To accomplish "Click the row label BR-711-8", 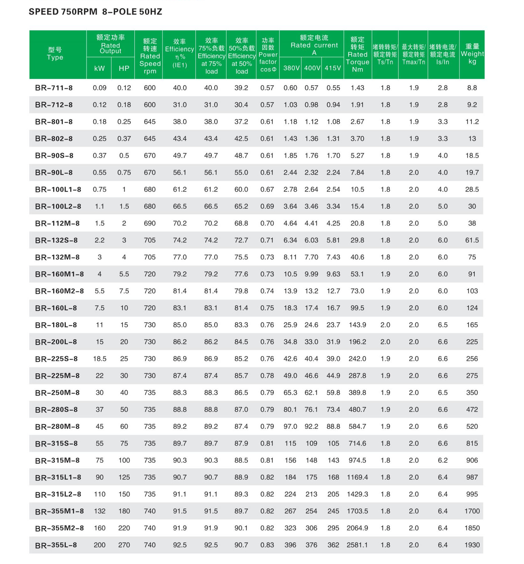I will (54, 88).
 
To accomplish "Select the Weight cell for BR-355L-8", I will (472, 545).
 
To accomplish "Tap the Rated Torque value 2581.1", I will (357, 545).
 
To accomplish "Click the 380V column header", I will (291, 68).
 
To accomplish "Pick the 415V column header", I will (333, 68).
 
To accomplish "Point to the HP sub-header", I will (124, 68).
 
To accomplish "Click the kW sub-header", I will (99, 68).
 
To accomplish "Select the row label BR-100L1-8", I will (58, 189).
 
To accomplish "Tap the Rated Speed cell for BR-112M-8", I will (150, 223).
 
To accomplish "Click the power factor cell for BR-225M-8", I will (267, 375).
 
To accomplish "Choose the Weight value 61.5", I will (472, 240).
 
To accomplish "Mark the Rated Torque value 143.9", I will (357, 325).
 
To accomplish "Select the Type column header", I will (55, 54).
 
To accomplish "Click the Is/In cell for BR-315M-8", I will (443, 460).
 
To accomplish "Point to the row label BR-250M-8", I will (57, 393).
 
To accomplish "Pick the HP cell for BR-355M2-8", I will (124, 528).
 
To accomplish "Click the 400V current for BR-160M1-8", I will (311, 274).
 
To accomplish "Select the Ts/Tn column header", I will (385, 54).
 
